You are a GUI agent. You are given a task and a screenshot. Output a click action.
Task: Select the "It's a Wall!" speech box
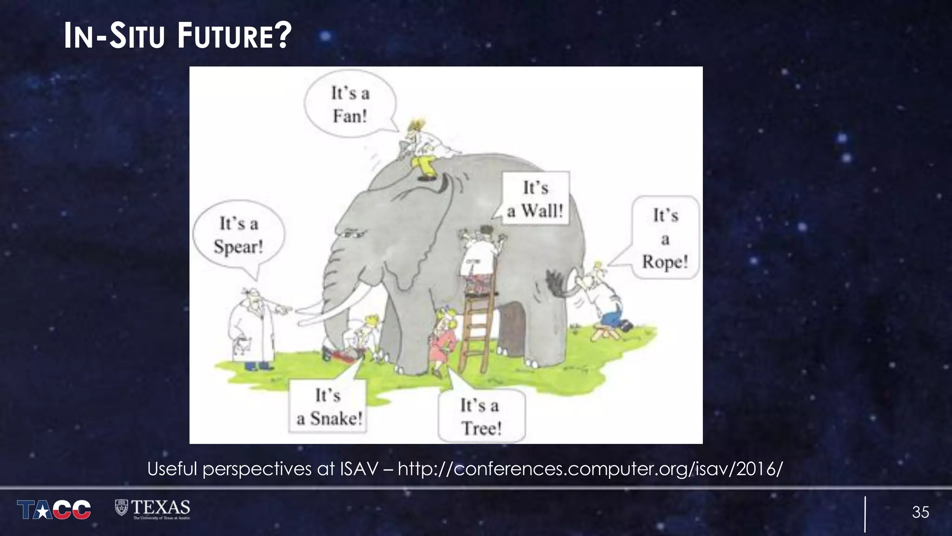[535, 199]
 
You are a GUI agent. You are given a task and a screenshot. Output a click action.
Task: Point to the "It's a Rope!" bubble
[665, 238]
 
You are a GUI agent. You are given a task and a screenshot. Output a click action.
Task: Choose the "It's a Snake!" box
[329, 407]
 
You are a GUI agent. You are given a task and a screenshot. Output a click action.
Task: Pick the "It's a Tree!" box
[481, 416]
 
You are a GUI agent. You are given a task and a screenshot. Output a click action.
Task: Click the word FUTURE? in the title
[234, 36]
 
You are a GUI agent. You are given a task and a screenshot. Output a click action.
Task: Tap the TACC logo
[54, 509]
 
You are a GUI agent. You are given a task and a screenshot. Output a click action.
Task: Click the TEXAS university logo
[153, 509]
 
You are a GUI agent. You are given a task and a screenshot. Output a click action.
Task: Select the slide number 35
[920, 512]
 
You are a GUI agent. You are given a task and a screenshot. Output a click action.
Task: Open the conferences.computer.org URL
[590, 469]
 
